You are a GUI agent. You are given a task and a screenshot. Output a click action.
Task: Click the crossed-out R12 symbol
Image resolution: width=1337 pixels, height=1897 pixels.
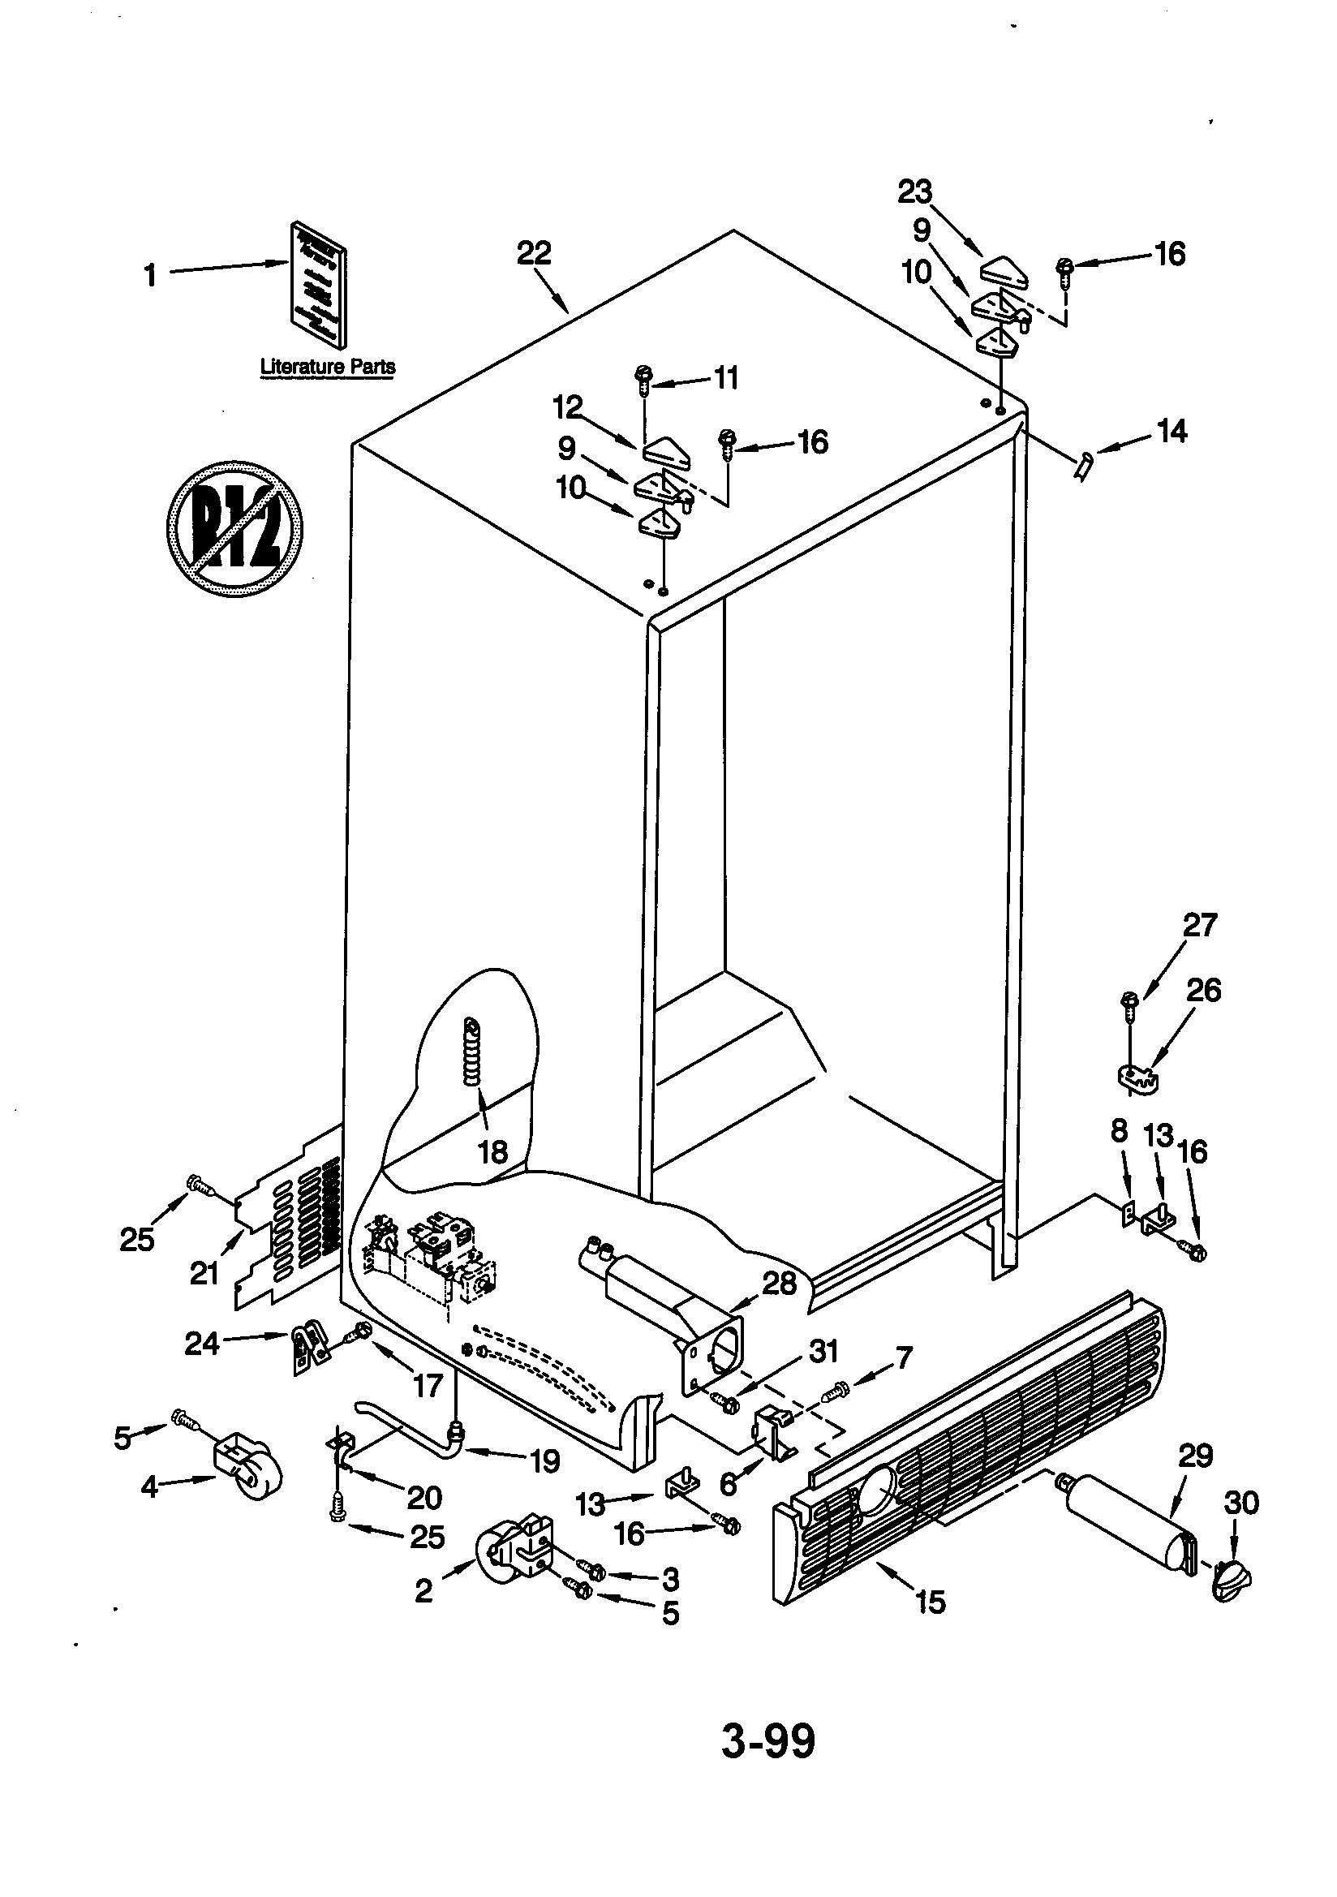pos(234,528)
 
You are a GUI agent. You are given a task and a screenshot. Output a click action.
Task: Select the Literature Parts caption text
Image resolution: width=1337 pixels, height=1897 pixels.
pos(327,366)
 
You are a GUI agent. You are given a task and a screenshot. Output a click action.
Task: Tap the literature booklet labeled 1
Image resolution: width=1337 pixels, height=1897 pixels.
pos(317,283)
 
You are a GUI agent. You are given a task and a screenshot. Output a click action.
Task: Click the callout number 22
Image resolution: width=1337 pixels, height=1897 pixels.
pos(534,253)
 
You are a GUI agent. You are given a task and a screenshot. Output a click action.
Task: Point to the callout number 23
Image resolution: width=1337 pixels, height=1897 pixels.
pos(915,191)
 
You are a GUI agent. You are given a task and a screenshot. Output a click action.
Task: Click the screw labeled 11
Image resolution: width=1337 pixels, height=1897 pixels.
pos(643,380)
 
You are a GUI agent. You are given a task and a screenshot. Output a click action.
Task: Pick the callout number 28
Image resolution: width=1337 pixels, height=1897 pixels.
pos(778,1282)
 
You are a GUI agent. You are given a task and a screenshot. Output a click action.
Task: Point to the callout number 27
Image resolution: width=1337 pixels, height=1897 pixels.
pos(1200,925)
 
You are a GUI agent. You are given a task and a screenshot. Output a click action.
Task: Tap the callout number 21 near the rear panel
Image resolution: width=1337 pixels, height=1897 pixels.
pos(204,1273)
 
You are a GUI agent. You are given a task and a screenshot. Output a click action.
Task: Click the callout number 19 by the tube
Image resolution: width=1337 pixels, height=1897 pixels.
pos(544,1460)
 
